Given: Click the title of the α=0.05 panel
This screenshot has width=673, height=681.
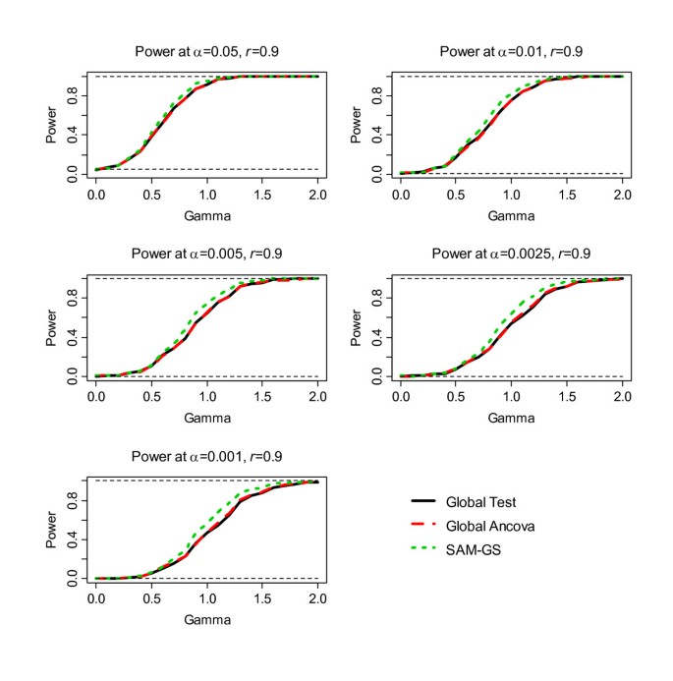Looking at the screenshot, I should click(206, 53).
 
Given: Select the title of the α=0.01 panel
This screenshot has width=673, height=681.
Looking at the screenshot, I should click(511, 53).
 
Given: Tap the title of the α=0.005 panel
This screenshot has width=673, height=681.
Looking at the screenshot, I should click(206, 255).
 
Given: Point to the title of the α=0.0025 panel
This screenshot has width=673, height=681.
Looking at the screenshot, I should click(511, 255).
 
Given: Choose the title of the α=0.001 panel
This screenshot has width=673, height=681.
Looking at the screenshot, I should click(206, 458).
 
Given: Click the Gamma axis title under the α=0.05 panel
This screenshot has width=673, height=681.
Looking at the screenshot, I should click(206, 215).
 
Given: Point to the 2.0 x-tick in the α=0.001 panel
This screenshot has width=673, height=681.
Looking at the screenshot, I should click(317, 597).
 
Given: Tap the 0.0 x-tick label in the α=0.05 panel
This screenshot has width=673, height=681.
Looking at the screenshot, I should click(95, 193).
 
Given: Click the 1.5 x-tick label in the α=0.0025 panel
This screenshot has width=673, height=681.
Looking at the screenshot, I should click(566, 395).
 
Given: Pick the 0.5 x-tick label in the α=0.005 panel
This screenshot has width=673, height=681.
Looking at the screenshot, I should click(151, 395).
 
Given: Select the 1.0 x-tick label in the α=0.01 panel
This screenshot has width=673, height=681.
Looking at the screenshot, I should click(511, 193).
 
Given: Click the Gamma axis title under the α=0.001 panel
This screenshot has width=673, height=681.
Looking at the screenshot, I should click(206, 620).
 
